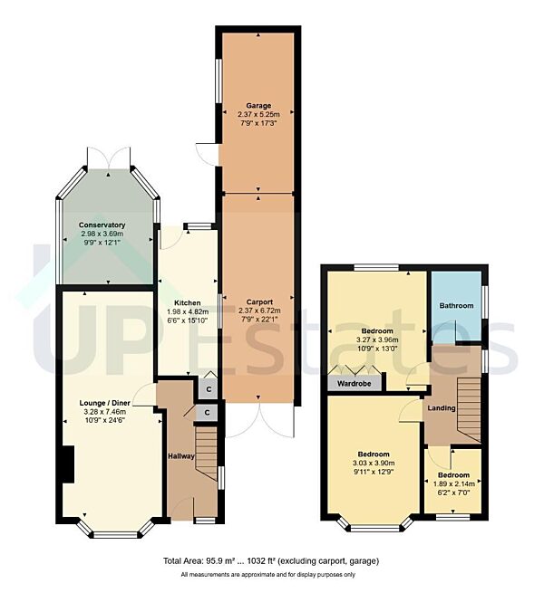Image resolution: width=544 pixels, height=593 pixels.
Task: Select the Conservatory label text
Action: [102, 225]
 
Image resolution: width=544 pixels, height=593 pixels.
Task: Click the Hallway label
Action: [180, 455]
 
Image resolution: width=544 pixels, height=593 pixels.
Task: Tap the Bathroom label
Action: [457, 306]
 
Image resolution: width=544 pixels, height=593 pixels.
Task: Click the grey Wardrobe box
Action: [355, 382]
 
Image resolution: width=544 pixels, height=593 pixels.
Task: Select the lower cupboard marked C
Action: [208, 412]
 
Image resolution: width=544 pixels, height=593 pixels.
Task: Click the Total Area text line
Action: [271, 561]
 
